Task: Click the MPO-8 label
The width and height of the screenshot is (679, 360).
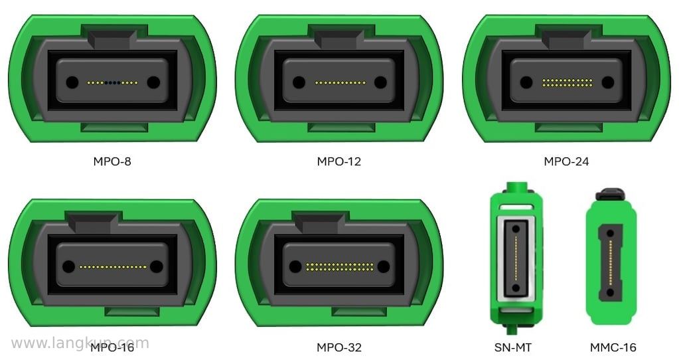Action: [x=112, y=161]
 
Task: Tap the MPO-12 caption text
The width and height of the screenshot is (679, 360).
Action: [x=339, y=161]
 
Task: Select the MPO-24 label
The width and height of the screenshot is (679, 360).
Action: [x=566, y=161]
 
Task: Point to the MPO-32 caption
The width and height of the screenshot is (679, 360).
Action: [x=339, y=347]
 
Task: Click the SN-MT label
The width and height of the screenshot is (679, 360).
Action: [x=513, y=347]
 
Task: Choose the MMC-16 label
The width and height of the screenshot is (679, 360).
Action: [x=613, y=347]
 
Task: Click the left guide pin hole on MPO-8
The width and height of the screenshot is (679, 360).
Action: [x=72, y=82]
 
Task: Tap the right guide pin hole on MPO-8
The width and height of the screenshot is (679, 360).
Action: [x=153, y=82]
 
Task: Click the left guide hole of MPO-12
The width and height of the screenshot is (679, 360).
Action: [x=299, y=82]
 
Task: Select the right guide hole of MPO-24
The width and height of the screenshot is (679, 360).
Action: [x=607, y=82]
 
